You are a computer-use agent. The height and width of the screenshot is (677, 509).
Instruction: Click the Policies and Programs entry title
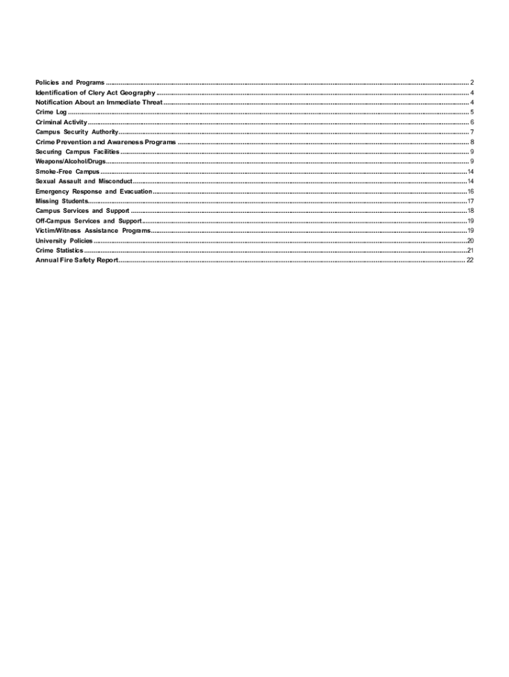click(x=69, y=83)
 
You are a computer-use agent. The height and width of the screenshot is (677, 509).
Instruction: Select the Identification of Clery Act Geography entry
click(x=95, y=93)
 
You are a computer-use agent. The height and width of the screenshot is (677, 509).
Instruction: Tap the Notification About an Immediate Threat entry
click(x=98, y=102)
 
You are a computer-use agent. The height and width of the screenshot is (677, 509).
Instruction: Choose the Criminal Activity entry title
click(x=61, y=122)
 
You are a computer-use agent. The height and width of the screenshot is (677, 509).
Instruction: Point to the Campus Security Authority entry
click(x=77, y=132)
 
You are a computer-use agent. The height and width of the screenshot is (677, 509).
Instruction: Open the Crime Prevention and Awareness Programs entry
click(x=106, y=142)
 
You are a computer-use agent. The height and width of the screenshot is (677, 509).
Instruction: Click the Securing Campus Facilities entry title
click(x=77, y=152)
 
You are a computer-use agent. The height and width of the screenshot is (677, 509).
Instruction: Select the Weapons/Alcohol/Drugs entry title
click(x=70, y=161)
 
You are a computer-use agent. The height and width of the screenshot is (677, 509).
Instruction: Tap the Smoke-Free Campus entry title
click(x=67, y=171)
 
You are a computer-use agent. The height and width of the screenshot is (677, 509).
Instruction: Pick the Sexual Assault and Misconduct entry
click(x=84, y=181)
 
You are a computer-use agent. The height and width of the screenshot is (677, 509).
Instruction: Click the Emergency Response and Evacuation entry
click(x=94, y=191)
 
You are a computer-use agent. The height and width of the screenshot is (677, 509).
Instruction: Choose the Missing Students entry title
click(x=61, y=201)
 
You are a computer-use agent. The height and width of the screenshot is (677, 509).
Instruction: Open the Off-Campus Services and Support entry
click(x=89, y=221)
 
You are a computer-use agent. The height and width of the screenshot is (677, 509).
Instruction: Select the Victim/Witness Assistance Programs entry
click(x=93, y=231)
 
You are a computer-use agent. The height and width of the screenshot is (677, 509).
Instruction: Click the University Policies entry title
click(x=64, y=241)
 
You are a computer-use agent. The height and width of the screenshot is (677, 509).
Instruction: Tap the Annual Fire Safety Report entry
click(x=77, y=260)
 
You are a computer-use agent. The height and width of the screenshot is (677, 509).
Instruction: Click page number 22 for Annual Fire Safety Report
click(x=470, y=260)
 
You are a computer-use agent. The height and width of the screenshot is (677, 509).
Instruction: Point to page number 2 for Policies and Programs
click(x=472, y=83)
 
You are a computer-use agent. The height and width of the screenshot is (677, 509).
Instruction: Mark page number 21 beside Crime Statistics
click(x=470, y=251)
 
